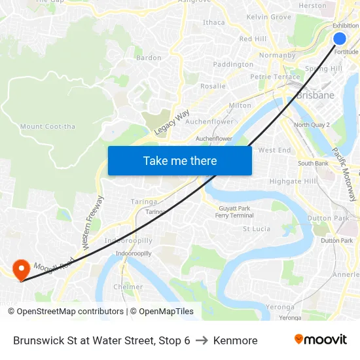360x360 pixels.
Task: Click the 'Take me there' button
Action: (180, 160)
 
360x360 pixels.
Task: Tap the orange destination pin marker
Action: (21, 269)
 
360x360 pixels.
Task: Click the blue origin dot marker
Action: (340, 39)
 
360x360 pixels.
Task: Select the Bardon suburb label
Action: (149, 58)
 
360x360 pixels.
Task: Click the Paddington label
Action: (233, 64)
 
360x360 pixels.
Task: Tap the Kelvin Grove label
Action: (268, 16)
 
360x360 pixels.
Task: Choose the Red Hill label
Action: (253, 39)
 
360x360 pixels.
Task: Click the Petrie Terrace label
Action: (275, 77)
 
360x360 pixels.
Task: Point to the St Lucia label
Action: (257, 229)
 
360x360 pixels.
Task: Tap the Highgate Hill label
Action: (293, 181)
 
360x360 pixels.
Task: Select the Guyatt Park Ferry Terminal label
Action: (234, 211)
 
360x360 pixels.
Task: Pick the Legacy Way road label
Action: (171, 122)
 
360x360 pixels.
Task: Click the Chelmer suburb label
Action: (128, 287)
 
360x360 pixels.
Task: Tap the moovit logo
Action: (321, 340)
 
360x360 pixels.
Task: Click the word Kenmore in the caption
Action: (236, 340)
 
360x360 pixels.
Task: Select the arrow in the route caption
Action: (202, 340)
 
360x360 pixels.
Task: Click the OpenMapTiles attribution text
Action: (162, 312)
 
